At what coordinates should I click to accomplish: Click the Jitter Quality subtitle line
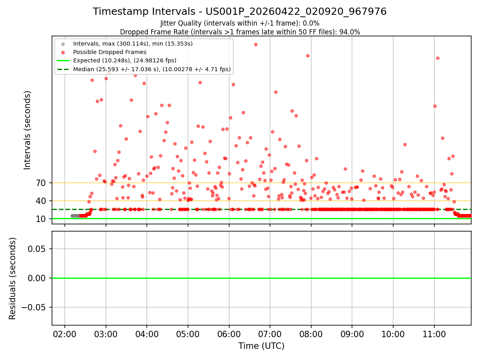pyautogui.click(x=240, y=23)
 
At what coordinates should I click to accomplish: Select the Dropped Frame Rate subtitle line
pyautogui.click(x=240, y=32)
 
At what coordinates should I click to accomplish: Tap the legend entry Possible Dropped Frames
pyautogui.click(x=110, y=52)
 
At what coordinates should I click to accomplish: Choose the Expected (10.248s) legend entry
pyautogui.click(x=125, y=60)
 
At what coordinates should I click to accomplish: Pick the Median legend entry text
pyautogui.click(x=152, y=69)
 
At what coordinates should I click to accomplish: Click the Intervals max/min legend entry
pyautogui.click(x=133, y=44)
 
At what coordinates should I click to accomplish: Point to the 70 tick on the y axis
pyautogui.click(x=41, y=183)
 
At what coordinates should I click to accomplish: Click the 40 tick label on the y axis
pyautogui.click(x=41, y=201)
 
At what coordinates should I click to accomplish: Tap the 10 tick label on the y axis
pyautogui.click(x=41, y=219)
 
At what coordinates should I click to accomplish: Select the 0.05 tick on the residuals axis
pyautogui.click(x=36, y=249)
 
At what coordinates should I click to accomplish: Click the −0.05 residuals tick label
pyautogui.click(x=34, y=307)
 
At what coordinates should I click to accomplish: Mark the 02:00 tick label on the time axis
pyautogui.click(x=64, y=334)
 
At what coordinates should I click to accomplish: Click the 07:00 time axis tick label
pyautogui.click(x=270, y=334)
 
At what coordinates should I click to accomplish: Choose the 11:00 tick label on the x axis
pyautogui.click(x=434, y=334)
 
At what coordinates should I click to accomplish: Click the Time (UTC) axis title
pyautogui.click(x=261, y=346)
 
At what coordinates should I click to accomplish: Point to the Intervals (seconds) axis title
pyautogui.click(x=27, y=130)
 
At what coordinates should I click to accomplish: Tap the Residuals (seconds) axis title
pyautogui.click(x=12, y=278)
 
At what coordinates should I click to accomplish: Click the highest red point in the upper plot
pyautogui.click(x=256, y=44)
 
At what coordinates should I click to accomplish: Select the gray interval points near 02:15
pyautogui.click(x=75, y=216)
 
